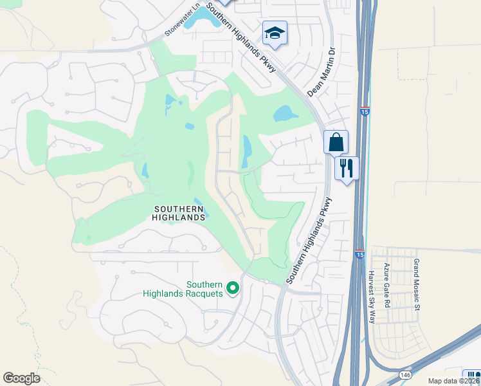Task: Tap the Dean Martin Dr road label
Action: pos(322,71)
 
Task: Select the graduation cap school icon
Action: pos(275,33)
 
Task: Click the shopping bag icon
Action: pos(336,142)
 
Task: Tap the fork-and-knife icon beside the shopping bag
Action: pos(347,169)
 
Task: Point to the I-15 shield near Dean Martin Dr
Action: pos(365,111)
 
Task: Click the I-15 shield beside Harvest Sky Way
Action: pos(359,255)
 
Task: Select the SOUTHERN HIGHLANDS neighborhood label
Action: pos(179,213)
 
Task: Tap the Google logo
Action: pos(21,378)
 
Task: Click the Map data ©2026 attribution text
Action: pos(454,380)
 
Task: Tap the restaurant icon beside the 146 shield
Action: pos(472,377)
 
